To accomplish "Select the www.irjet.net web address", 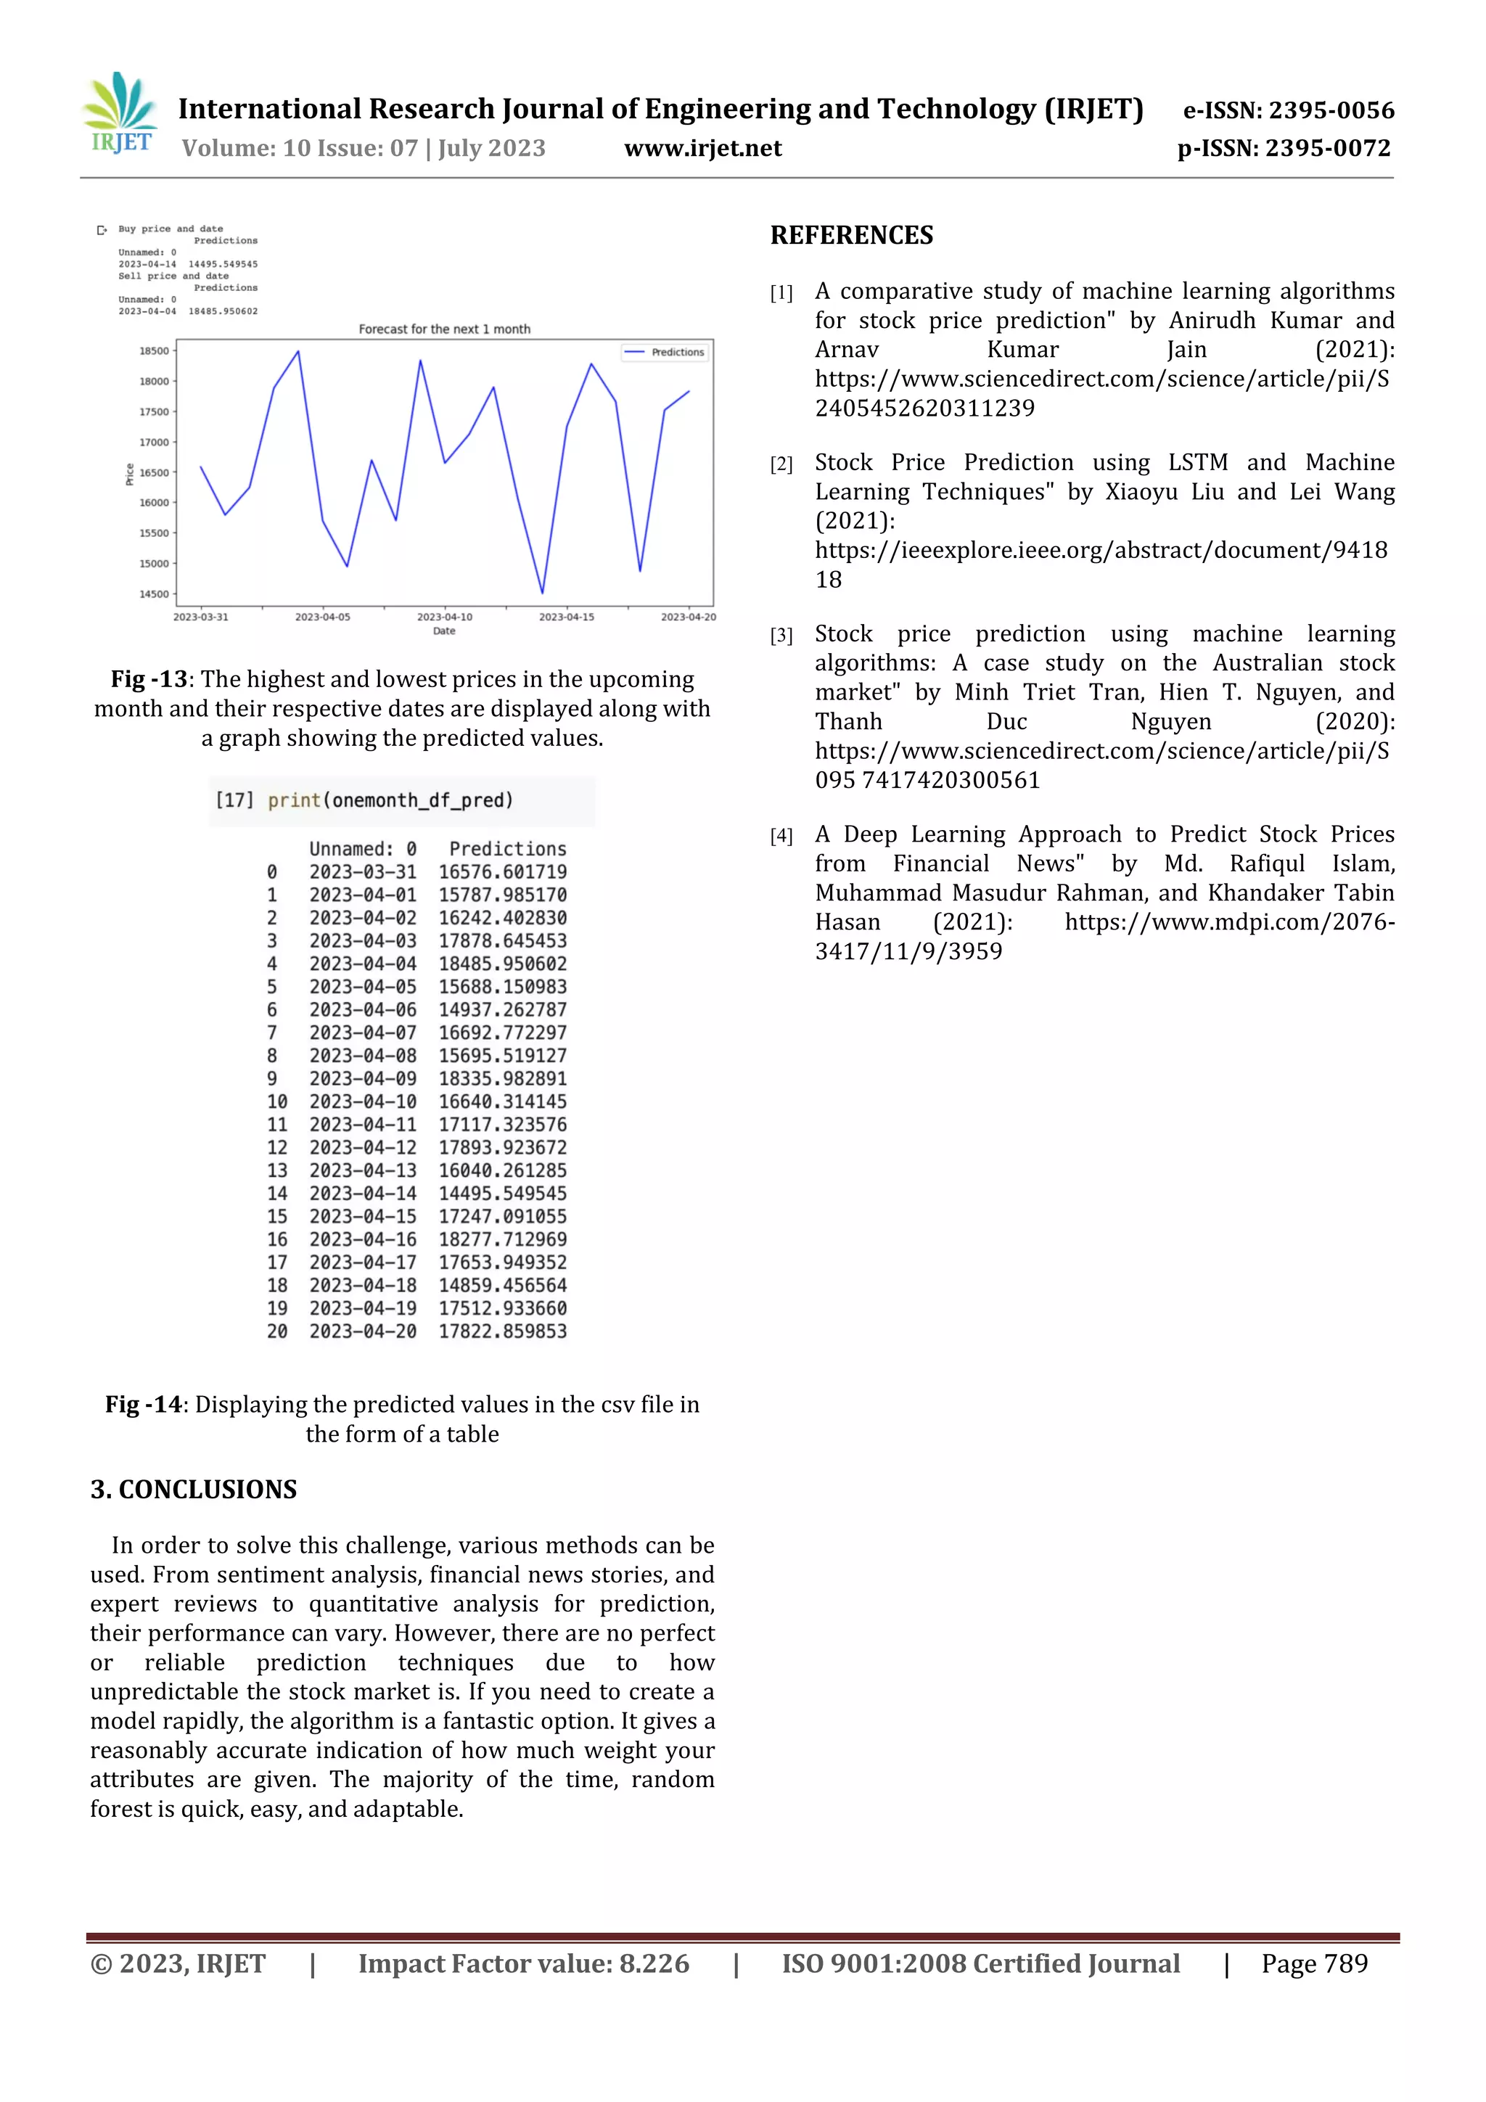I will (x=702, y=148).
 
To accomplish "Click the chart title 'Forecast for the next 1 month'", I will (x=444, y=329).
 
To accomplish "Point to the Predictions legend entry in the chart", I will (x=665, y=353).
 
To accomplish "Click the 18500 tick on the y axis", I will (x=154, y=350).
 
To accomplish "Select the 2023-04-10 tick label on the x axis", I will (x=444, y=617).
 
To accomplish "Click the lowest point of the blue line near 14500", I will (x=542, y=592).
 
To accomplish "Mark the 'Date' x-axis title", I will (x=444, y=631).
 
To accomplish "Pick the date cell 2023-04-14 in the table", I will (x=363, y=1193).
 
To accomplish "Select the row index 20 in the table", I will (x=276, y=1331).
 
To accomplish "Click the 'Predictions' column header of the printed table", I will (x=507, y=849).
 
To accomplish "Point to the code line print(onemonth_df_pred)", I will (x=390, y=800).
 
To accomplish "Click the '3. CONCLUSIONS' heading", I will (x=193, y=1490).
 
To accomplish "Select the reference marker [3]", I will (x=780, y=636).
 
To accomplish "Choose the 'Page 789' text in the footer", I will (x=1314, y=1963).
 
